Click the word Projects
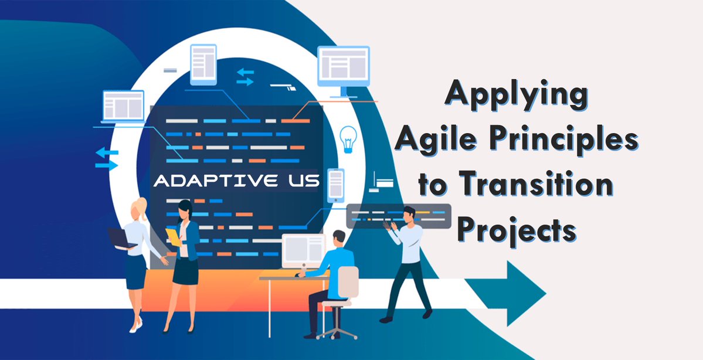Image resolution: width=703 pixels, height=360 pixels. click(515, 229)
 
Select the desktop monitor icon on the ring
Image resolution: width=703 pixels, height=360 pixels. click(343, 69)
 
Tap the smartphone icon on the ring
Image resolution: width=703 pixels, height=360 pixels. click(335, 185)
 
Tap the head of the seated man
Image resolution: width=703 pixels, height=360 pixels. click(339, 237)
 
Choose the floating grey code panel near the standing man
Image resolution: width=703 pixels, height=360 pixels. click(399, 216)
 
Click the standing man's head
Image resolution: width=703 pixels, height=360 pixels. click(409, 215)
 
